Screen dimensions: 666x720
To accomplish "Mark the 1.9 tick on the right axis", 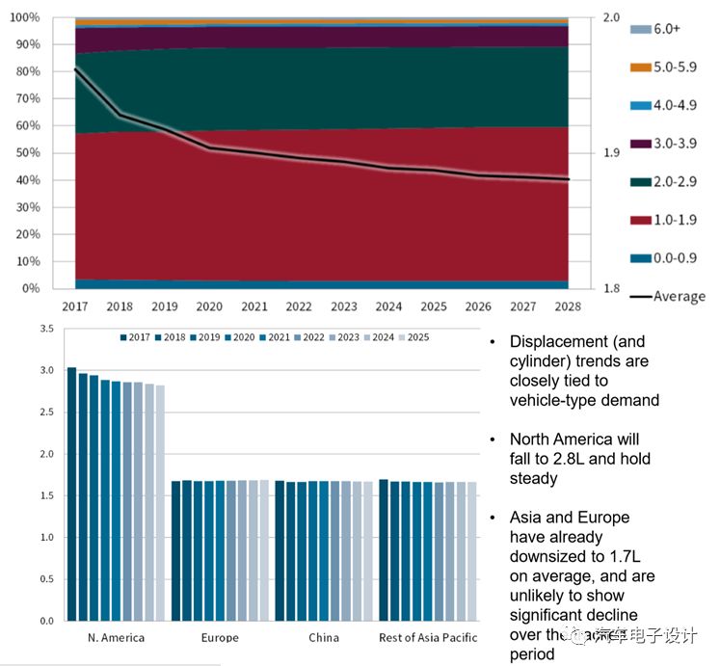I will pyautogui.click(x=609, y=153).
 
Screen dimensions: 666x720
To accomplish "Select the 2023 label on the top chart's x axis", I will pyautogui.click(x=342, y=306).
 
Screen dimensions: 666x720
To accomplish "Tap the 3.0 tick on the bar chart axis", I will pyautogui.click(x=44, y=370).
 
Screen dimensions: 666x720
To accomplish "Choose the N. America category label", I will pyautogui.click(x=117, y=637).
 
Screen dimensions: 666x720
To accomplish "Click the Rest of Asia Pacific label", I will pyautogui.click(x=427, y=637).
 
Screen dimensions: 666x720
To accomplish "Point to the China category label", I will pyautogui.click(x=324, y=637).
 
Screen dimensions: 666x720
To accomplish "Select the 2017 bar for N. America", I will pyautogui.click(x=71, y=493).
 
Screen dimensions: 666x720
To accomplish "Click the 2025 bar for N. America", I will pyautogui.click(x=160, y=502).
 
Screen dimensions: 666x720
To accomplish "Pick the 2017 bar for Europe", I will pyautogui.click(x=175, y=550).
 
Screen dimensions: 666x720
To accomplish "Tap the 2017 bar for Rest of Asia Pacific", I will pyautogui.click(x=384, y=549).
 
